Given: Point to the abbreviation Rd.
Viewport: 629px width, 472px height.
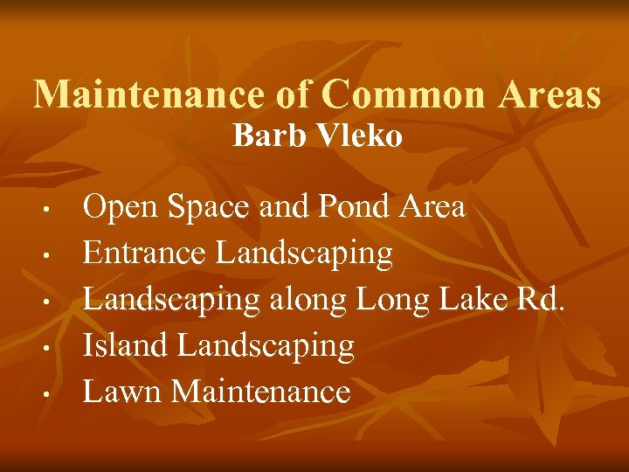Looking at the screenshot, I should [544, 299].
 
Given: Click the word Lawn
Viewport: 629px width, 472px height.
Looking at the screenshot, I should [122, 391].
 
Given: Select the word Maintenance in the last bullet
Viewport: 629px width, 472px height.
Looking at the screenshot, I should [261, 391].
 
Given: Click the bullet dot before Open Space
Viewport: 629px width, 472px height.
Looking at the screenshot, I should [53, 210].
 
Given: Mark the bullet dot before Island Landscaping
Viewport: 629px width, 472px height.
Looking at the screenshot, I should [53, 347].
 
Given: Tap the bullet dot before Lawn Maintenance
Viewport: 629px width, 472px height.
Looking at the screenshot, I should [53, 392].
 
